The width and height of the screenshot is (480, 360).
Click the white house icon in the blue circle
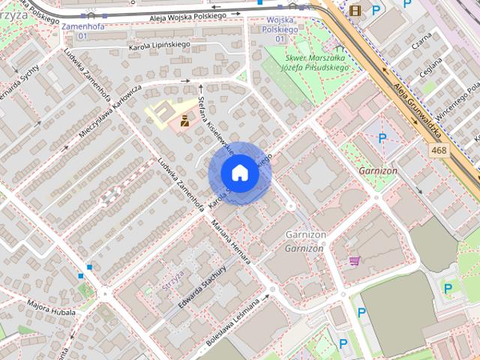coord(239,173)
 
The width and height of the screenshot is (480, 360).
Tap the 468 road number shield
coord(439,151)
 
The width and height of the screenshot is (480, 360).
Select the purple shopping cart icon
coord(353,261)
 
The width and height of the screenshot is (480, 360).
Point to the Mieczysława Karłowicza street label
coord(109,112)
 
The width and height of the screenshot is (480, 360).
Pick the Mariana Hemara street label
coord(231,241)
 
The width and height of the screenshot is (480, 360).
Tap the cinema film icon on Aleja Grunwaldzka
coord(354,10)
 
